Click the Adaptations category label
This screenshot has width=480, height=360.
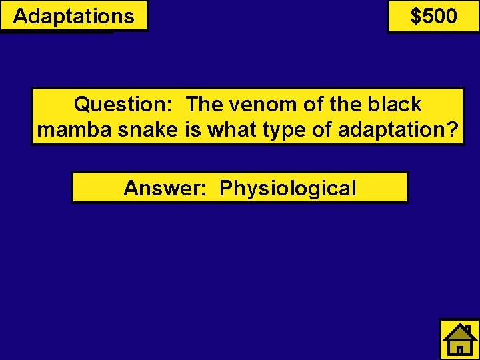(x=73, y=16)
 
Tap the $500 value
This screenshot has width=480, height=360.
(x=434, y=16)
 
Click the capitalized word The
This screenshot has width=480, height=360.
(x=203, y=104)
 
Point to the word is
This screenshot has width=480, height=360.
(x=193, y=129)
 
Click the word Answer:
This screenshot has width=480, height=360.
(x=167, y=188)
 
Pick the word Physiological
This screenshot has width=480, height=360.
(x=288, y=189)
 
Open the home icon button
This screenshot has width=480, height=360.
(x=460, y=339)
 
